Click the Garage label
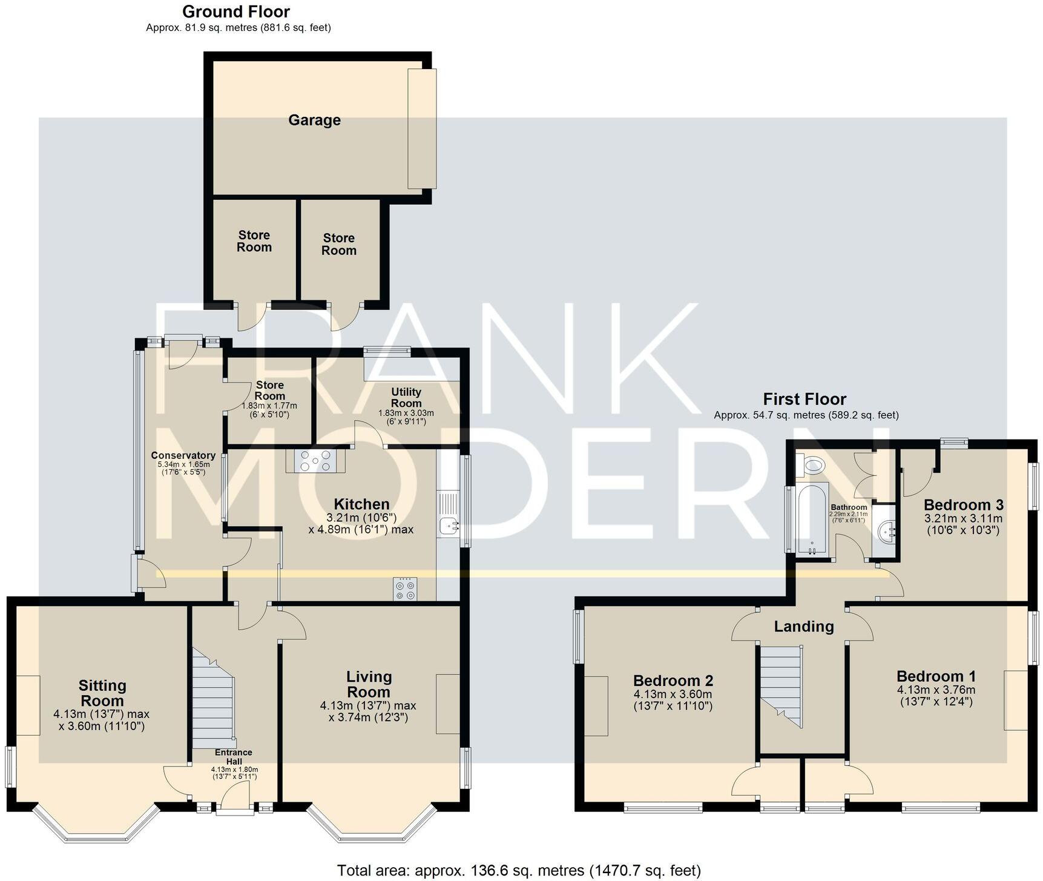(x=314, y=120)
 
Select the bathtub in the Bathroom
(x=812, y=520)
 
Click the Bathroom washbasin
(x=886, y=532)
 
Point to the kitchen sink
(x=447, y=526)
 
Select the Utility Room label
(x=406, y=398)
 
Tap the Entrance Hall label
(x=234, y=757)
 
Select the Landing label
(x=803, y=627)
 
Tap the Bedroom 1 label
(x=936, y=676)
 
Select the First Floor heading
(x=804, y=400)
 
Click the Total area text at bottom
(x=519, y=871)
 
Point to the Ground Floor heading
(x=236, y=12)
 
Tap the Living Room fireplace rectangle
(x=447, y=704)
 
